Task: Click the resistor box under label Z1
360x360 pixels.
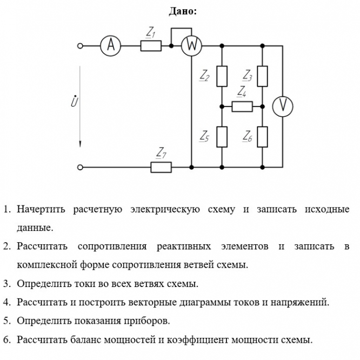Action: [x=151, y=46]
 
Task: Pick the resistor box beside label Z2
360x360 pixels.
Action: [x=222, y=76]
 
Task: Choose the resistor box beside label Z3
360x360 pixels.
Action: [x=262, y=76]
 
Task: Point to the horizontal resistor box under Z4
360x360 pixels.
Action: [x=242, y=106]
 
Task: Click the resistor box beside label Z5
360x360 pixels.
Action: [x=222, y=137]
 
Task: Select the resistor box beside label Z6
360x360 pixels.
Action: [x=262, y=137]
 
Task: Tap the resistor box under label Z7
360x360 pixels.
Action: [x=161, y=168]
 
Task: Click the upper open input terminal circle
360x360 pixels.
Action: [x=80, y=46]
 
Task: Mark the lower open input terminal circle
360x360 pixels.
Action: [x=80, y=168]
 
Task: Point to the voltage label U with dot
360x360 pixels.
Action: [x=74, y=101]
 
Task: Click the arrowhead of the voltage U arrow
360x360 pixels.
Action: [x=80, y=144]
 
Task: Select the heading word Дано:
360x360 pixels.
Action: [x=183, y=11]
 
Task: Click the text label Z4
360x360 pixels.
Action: [x=242, y=91]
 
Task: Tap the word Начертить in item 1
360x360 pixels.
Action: [x=41, y=209]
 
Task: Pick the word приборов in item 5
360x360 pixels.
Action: [x=147, y=321]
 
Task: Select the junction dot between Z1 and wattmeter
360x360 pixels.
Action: [x=171, y=46]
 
